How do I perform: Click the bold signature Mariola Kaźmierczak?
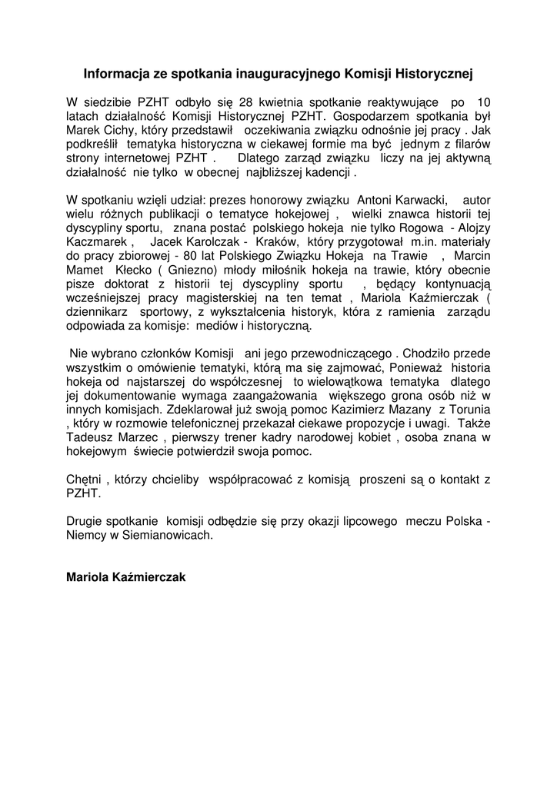point(126,576)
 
